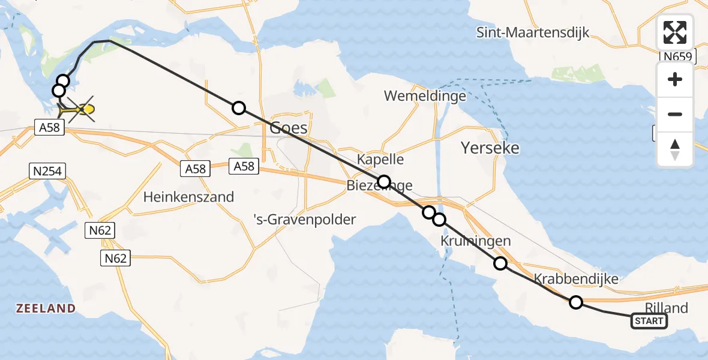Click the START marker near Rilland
click(x=649, y=322)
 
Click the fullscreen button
click(x=675, y=32)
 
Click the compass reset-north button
click(x=675, y=149)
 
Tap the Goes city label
click(x=289, y=128)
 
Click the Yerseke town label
click(x=489, y=148)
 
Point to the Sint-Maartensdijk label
click(x=533, y=32)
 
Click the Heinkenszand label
click(x=188, y=197)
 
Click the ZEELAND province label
click(x=46, y=308)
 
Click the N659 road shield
click(x=677, y=57)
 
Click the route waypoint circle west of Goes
click(x=239, y=108)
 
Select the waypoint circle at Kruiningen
click(x=500, y=263)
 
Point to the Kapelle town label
click(x=380, y=160)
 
